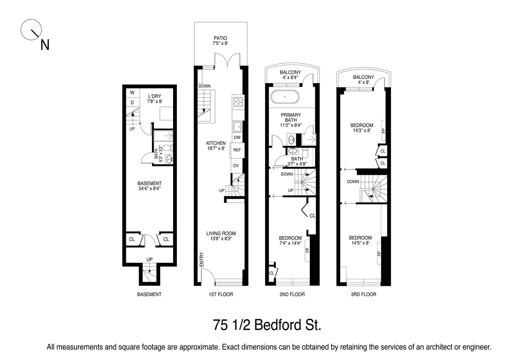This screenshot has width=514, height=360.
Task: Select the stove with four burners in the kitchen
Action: [238, 102]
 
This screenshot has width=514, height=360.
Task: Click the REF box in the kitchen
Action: [237, 150]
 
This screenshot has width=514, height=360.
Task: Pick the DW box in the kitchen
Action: [237, 138]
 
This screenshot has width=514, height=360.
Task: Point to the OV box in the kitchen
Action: [236, 166]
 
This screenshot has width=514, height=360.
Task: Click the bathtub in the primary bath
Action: [286, 97]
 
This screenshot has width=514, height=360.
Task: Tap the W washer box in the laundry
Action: [132, 93]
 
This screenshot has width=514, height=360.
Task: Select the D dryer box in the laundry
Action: [132, 103]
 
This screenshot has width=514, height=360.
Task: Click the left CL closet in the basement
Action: [132, 240]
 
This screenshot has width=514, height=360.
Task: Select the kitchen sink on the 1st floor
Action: [237, 126]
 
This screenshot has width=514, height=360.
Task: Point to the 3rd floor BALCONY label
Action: [363, 80]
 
